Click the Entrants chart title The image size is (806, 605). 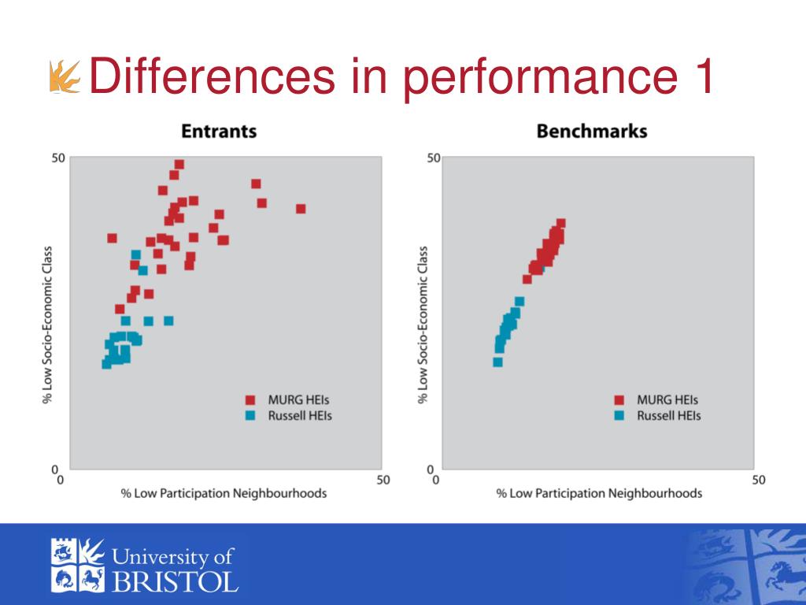coord(219,131)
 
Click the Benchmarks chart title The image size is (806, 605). coord(591,131)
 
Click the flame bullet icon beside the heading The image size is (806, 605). coord(66,77)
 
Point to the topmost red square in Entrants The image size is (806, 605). coord(179,165)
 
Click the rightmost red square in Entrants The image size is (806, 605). coord(301,209)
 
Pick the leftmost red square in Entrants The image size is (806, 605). coord(112,238)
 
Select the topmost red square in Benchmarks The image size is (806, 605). coord(561,224)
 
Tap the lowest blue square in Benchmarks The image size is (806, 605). coord(497,362)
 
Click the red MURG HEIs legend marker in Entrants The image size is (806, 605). coord(250,399)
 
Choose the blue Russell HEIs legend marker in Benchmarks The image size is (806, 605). coord(619,415)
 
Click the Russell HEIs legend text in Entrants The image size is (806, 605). coord(300,415)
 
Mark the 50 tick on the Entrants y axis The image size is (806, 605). coord(58,158)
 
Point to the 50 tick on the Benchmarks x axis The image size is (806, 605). coord(758,480)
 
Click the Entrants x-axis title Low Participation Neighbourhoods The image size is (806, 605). coord(224,494)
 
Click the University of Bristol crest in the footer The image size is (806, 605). coord(77,565)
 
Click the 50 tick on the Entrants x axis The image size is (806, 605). coord(383,480)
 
